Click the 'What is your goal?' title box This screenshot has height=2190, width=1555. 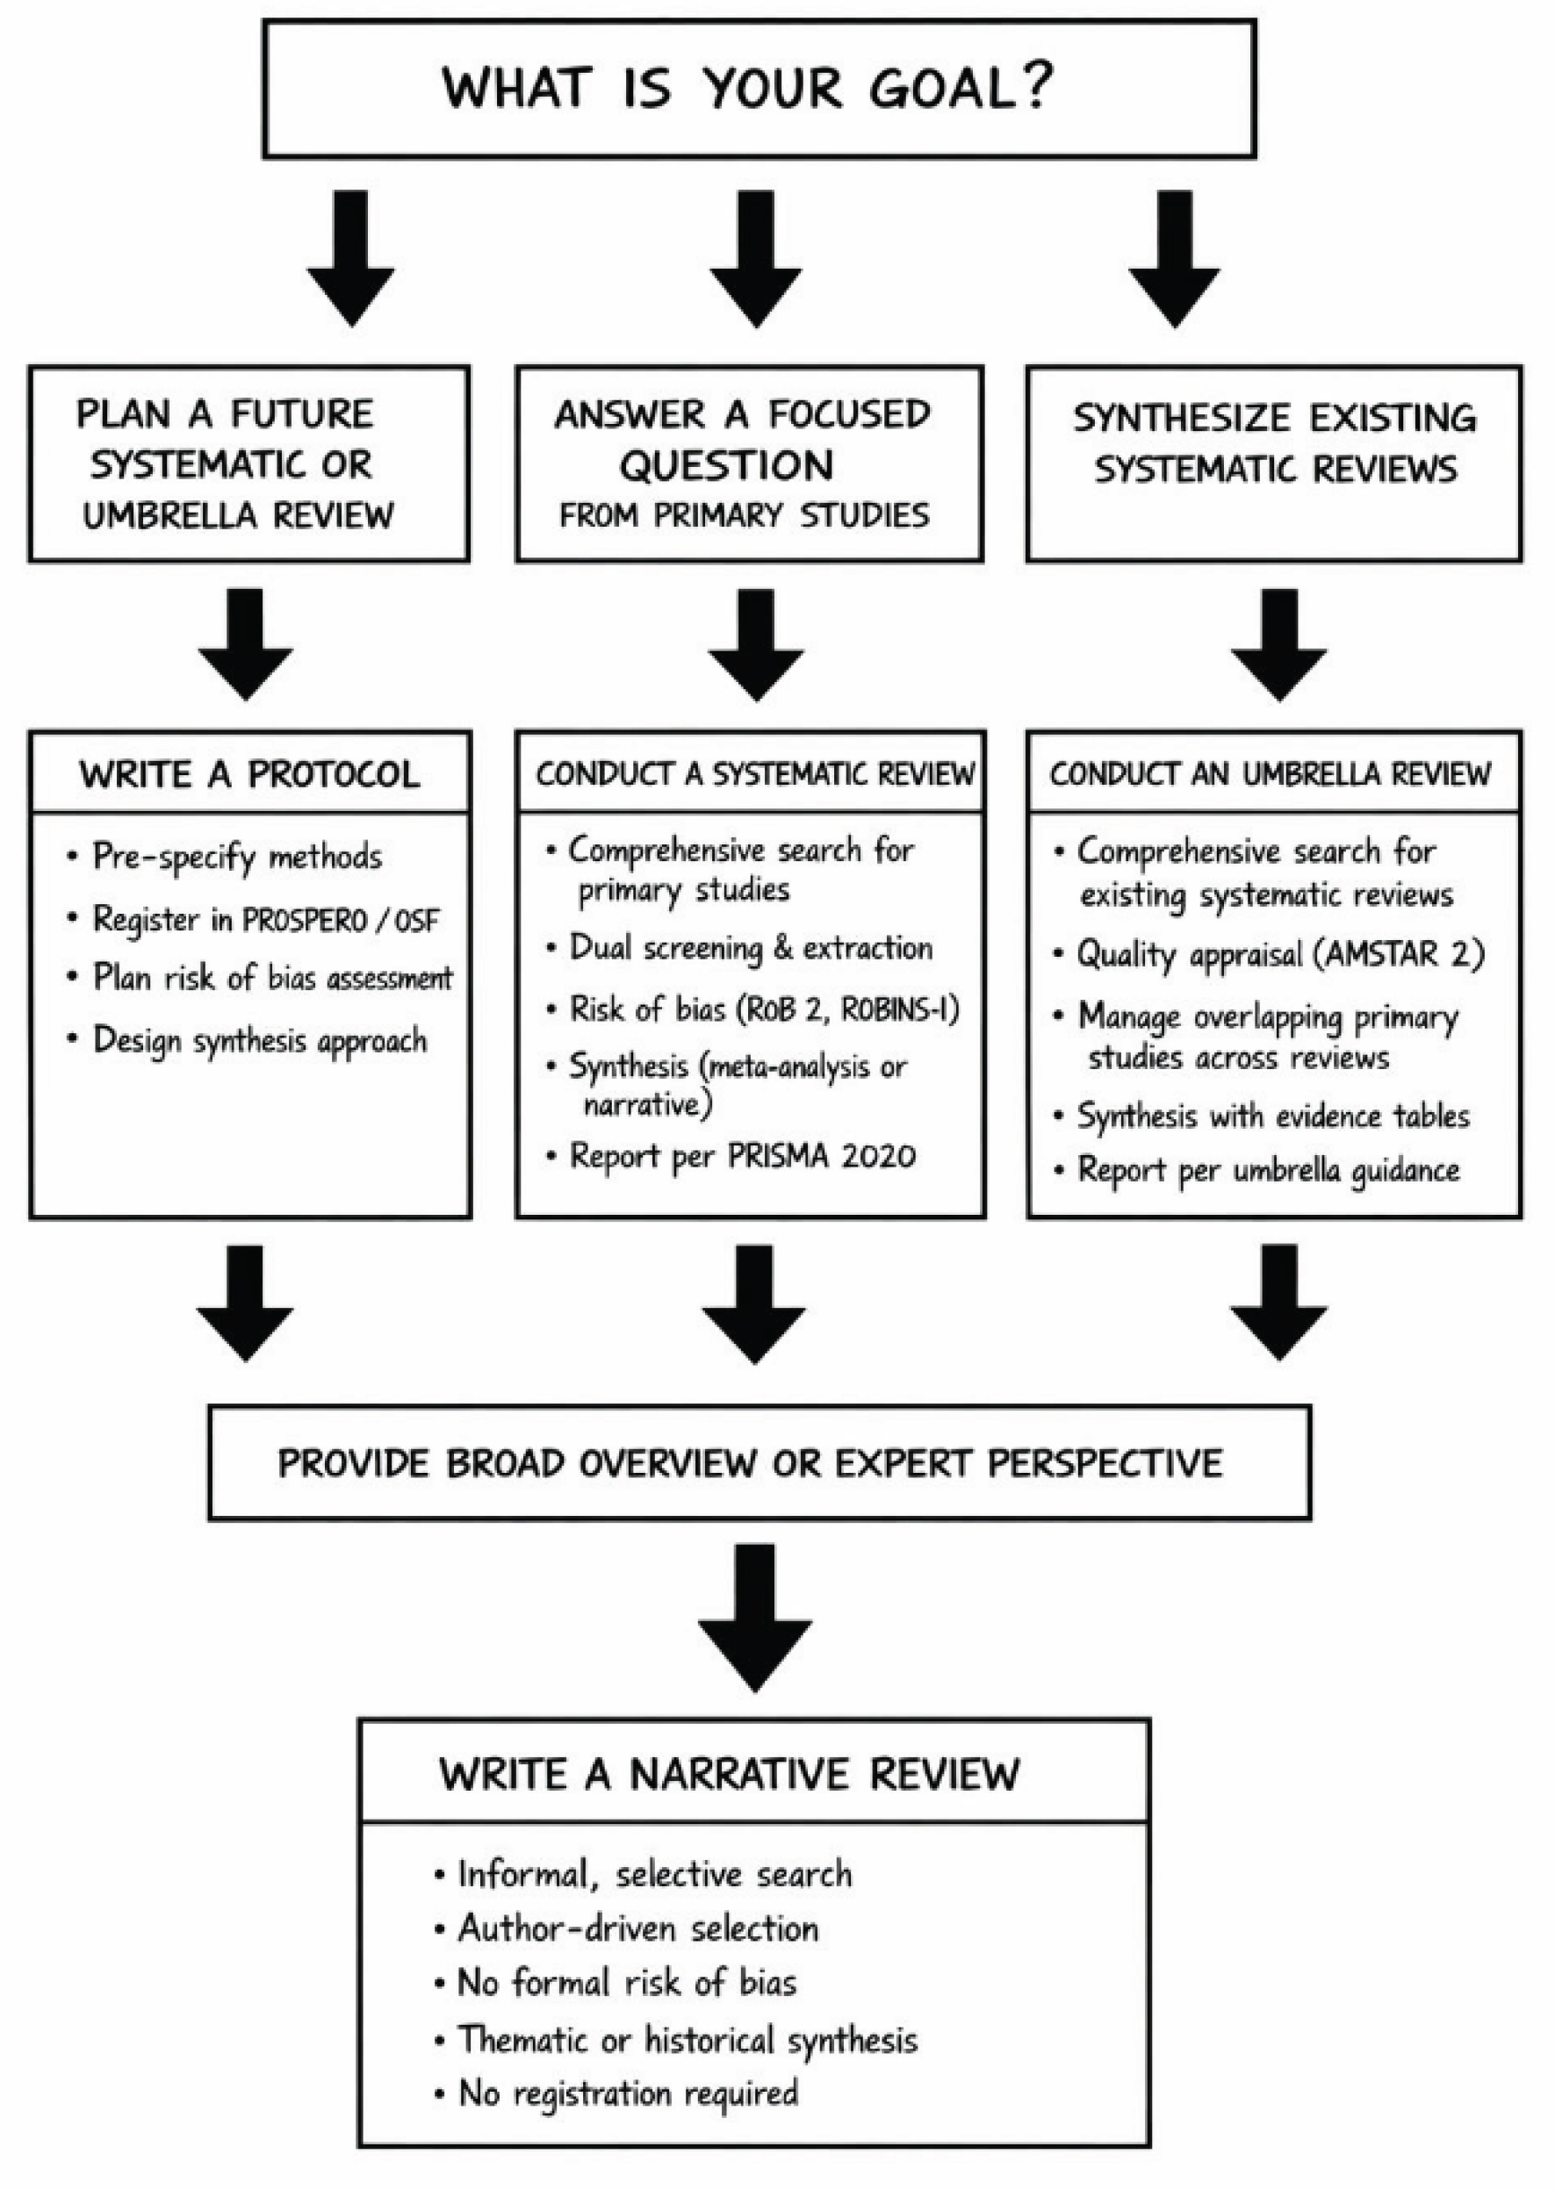click(x=759, y=89)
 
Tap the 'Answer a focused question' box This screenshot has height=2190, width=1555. click(x=749, y=463)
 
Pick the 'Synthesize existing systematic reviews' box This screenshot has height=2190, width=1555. click(x=1273, y=463)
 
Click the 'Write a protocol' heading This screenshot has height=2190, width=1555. click(x=250, y=773)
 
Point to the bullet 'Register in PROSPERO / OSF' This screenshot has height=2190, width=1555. click(x=264, y=920)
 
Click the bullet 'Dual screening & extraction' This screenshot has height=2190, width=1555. click(x=751, y=948)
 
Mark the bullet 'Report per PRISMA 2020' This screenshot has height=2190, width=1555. click(x=742, y=1156)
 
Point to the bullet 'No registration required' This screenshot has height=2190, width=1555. click(x=628, y=2093)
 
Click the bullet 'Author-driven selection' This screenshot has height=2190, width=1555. click(x=637, y=1928)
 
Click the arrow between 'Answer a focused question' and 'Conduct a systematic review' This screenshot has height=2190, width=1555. click(x=755, y=645)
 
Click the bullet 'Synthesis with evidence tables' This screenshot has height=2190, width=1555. click(x=1272, y=1116)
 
